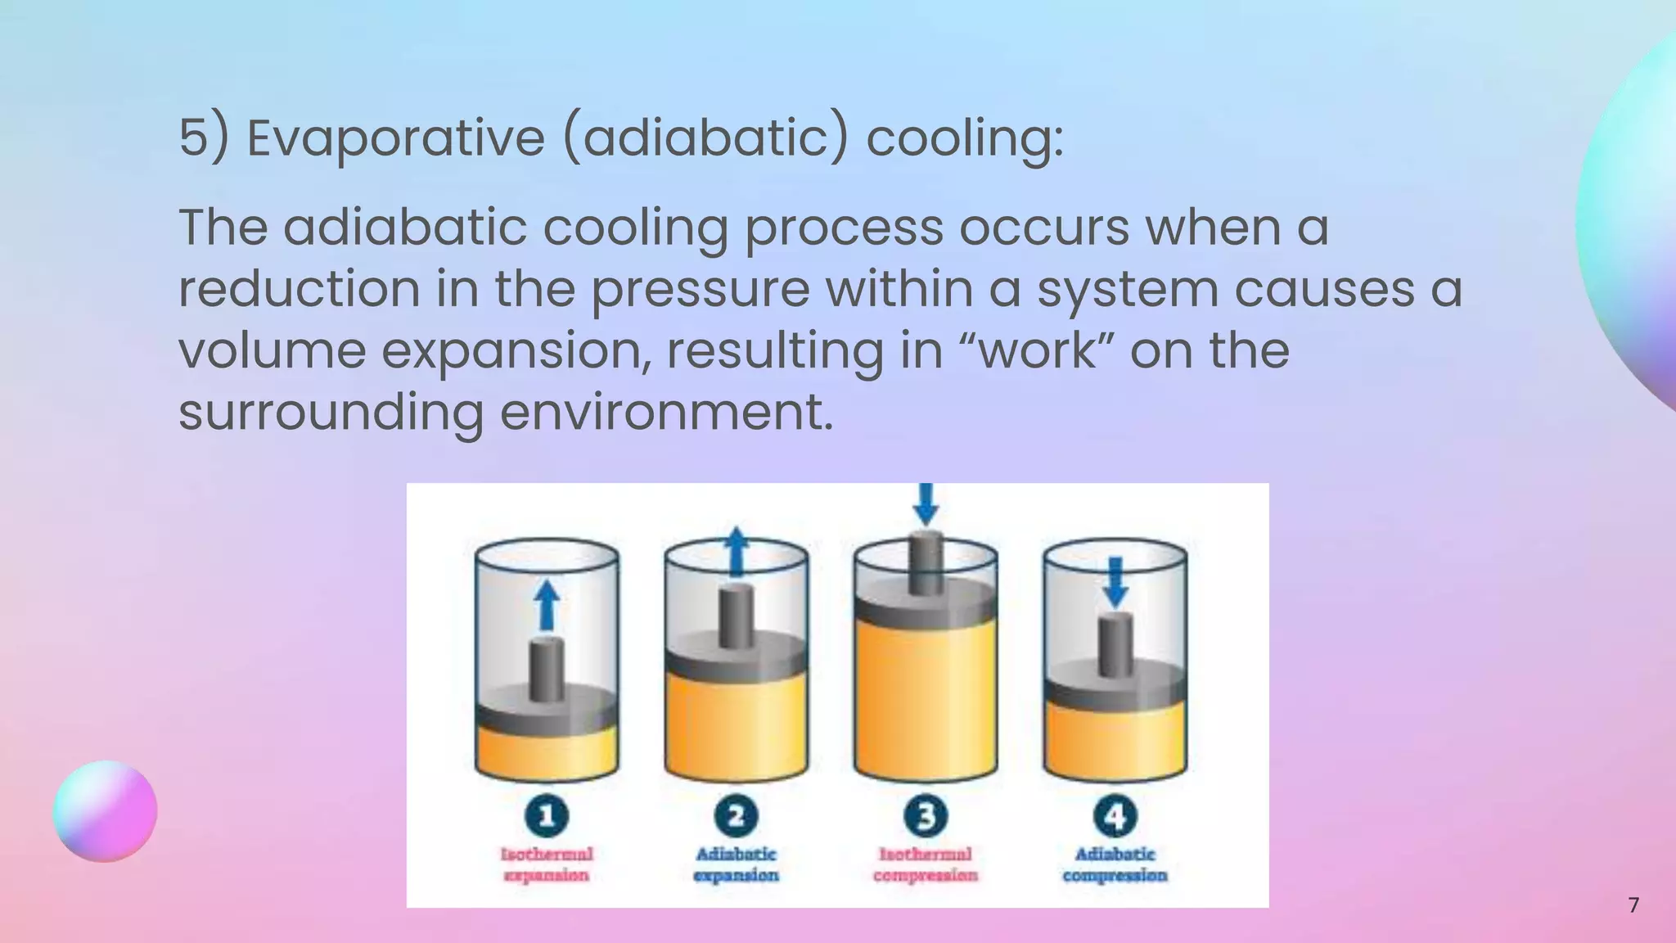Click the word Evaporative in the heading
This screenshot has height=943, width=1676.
[x=395, y=138]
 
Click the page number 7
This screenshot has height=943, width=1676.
[x=1633, y=905]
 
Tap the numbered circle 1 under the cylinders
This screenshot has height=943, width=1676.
[x=547, y=816]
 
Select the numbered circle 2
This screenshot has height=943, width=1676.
[x=736, y=816]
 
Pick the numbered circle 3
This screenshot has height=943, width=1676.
[x=926, y=816]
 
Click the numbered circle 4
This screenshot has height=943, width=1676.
[x=1115, y=816]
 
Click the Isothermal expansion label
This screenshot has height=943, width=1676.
[x=547, y=865]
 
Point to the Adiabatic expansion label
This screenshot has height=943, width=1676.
[x=736, y=865]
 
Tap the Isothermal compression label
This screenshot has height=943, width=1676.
[x=926, y=865]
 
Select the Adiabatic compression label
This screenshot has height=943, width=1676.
[x=1115, y=865]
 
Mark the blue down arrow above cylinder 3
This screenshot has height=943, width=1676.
[x=926, y=503]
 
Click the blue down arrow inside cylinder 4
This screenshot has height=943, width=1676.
[x=1115, y=583]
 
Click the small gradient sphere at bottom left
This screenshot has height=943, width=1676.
[x=105, y=811]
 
